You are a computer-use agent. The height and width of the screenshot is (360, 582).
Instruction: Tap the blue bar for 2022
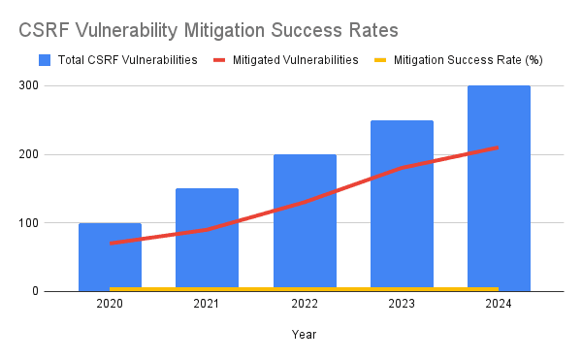coord(305,223)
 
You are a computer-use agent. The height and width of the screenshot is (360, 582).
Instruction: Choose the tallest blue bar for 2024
coord(499,184)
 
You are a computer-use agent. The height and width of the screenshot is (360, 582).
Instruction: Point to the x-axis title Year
coord(304,334)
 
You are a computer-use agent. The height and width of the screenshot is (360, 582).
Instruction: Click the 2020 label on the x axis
coord(110,304)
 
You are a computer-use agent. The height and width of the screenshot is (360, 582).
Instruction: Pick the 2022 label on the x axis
coord(305,304)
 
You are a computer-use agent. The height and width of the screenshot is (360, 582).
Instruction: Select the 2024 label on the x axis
coord(499,304)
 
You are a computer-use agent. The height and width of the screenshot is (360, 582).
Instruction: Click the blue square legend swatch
coord(45,60)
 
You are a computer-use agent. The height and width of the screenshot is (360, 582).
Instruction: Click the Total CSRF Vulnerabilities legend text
coord(127,60)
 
